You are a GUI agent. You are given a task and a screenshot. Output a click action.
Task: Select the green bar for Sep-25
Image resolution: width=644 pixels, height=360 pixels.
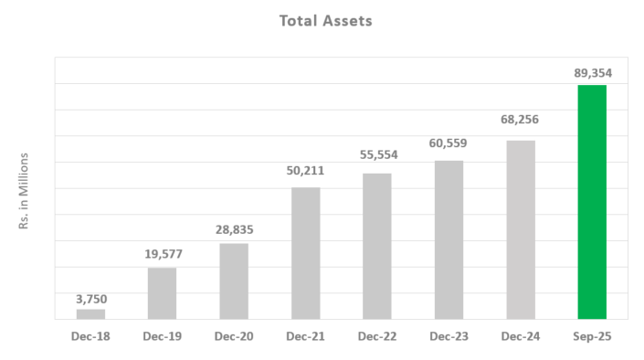(592, 202)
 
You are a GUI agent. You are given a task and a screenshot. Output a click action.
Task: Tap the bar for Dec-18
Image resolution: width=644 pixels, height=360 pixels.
(90, 313)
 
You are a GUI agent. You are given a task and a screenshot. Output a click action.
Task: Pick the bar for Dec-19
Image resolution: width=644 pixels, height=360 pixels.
(162, 293)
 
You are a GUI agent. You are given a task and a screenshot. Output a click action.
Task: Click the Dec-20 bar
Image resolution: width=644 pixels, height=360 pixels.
(234, 281)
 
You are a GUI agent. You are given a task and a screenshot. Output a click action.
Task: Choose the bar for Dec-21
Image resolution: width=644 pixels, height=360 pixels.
(305, 253)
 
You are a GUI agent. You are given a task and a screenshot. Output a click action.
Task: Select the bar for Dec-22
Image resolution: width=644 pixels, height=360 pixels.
(376, 246)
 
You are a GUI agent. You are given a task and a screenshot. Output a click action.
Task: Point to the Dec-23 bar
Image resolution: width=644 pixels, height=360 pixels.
(449, 239)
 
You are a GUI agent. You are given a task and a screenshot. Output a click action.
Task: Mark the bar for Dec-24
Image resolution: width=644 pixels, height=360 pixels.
(520, 229)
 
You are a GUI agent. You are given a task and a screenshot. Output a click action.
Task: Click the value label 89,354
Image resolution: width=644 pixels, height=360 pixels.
(592, 71)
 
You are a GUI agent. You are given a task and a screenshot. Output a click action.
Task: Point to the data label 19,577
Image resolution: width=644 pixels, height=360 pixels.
(162, 254)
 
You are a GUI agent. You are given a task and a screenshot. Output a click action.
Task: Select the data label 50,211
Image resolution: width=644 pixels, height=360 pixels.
(305, 170)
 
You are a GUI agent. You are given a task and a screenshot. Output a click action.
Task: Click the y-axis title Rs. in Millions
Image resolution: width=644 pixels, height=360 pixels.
(26, 191)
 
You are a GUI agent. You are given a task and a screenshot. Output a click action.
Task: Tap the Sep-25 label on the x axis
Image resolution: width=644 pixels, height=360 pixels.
(592, 337)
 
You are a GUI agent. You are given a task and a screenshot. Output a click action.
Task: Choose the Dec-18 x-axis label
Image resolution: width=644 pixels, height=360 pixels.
(90, 337)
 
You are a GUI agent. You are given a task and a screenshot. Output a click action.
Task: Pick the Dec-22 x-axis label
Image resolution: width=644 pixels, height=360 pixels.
(376, 337)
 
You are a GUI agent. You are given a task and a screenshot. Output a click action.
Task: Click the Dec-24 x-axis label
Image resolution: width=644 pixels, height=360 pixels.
(520, 337)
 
